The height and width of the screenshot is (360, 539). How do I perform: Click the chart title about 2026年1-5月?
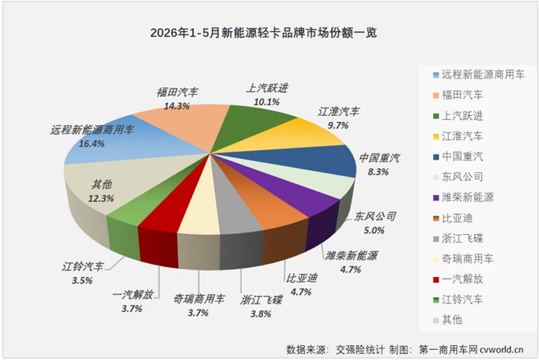263,32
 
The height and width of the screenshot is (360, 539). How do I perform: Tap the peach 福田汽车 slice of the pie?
186,124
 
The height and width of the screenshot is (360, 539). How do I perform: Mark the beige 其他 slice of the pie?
113,185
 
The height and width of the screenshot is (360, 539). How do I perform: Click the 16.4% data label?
92,144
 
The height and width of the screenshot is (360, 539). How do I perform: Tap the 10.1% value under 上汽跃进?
266,102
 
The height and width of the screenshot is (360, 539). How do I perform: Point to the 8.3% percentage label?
378,172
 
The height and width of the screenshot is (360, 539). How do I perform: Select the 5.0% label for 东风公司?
374,230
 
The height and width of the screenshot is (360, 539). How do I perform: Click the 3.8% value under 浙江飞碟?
261,313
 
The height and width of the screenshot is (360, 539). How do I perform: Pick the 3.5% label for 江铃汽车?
82,280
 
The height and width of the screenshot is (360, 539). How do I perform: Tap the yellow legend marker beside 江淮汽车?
436,136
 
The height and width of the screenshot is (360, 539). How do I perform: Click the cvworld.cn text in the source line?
501,350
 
